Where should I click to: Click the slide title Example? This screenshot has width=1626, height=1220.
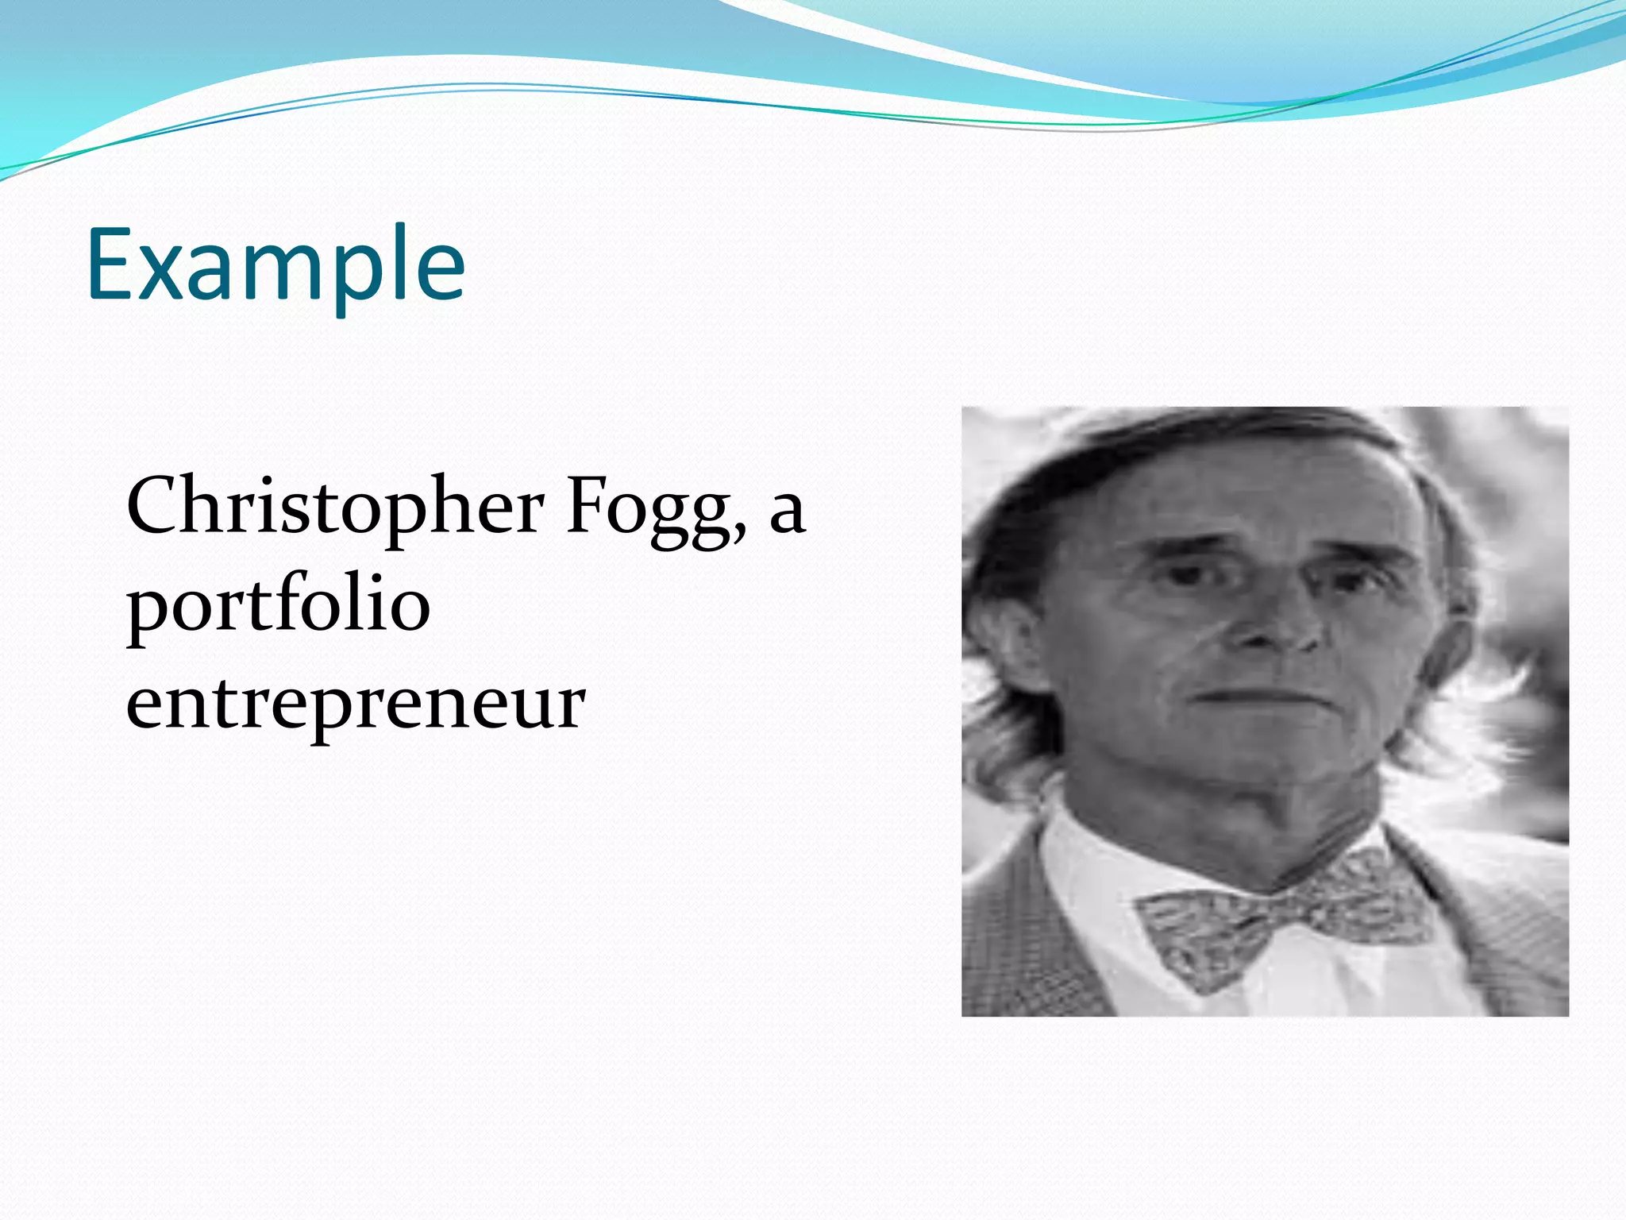(x=275, y=265)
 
